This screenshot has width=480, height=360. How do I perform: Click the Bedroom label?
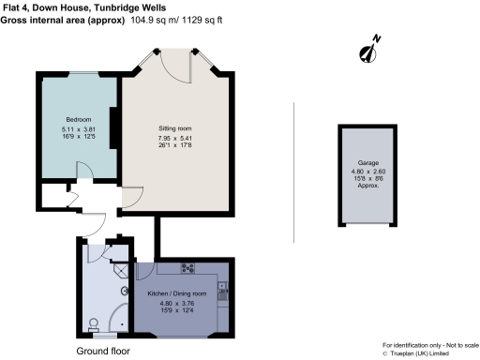(x=77, y=119)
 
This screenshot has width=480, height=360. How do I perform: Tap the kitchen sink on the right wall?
(x=223, y=292)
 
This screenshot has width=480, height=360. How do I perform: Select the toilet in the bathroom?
(x=92, y=324)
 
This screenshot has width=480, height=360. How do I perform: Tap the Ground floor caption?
(x=103, y=351)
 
